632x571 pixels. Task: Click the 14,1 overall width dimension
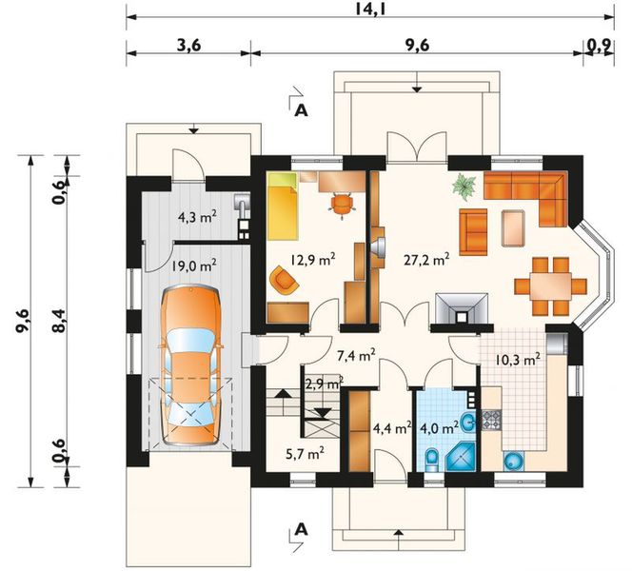pos(365,10)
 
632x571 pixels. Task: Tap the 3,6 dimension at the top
pos(188,44)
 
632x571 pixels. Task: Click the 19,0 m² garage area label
pos(193,266)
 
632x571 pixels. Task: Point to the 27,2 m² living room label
pos(425,257)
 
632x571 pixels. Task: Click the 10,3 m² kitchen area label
pos(518,359)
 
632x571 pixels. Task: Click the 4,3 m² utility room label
pos(197,217)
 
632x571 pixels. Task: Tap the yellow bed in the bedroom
pos(284,207)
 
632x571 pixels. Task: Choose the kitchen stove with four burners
pos(492,419)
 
